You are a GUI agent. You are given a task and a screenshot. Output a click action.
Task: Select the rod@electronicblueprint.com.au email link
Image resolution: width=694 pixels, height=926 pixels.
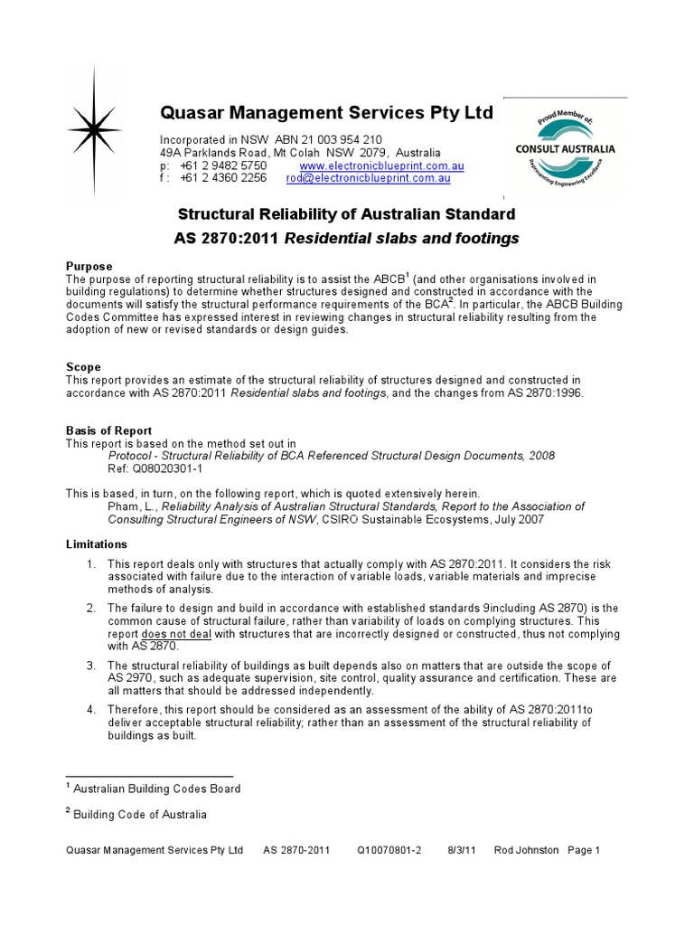[368, 179]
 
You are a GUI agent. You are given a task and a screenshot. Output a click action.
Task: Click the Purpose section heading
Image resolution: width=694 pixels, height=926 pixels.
[89, 266]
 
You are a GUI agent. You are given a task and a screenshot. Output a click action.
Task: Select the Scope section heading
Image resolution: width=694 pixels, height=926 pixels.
[83, 367]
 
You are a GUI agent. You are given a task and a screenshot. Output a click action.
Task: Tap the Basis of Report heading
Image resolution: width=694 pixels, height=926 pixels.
[108, 430]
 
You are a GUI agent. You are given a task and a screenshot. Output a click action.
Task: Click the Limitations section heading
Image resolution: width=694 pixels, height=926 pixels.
[97, 544]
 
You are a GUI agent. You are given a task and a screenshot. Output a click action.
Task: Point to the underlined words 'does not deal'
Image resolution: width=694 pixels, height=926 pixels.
[173, 634]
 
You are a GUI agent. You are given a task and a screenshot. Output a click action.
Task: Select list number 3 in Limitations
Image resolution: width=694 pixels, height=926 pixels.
[90, 665]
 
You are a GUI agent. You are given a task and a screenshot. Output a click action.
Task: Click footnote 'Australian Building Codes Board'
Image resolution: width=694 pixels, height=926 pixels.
[156, 789]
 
